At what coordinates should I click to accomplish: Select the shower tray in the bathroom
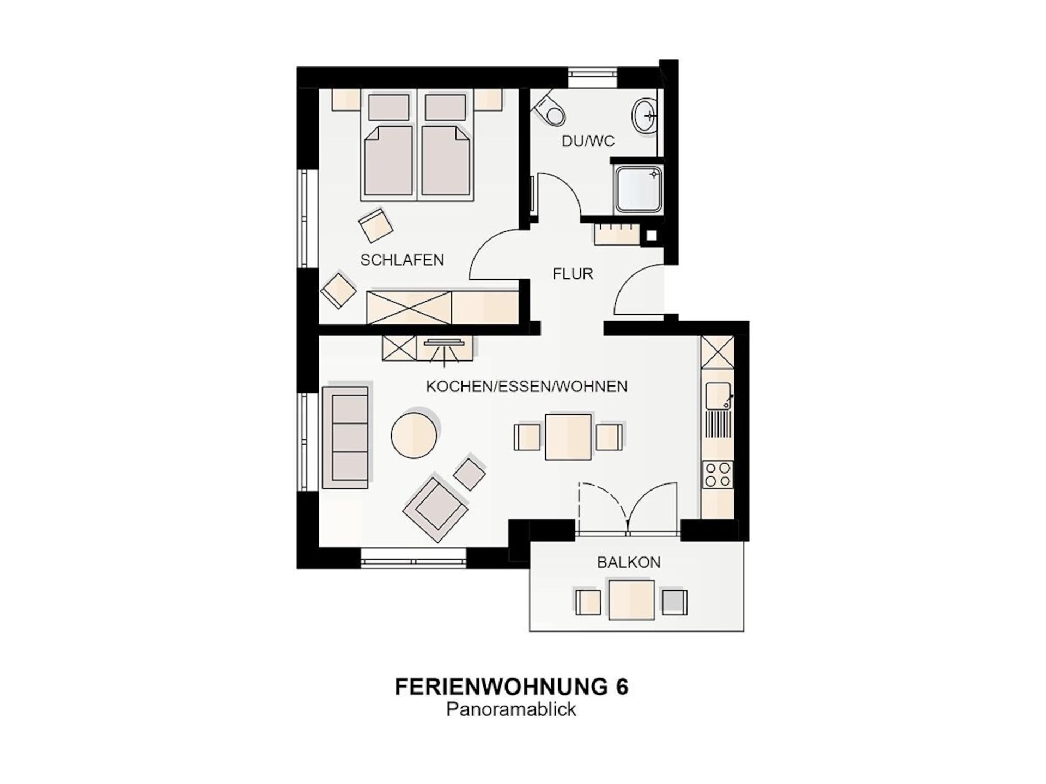pos(638,189)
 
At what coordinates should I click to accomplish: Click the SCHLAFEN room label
pos(402,260)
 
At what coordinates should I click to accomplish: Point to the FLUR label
pos(573,274)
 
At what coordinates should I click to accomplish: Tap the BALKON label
pos(629,562)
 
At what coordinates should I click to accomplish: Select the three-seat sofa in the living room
pos(345,437)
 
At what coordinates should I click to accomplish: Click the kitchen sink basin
pos(717,396)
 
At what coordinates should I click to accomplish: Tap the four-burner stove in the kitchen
pos(717,475)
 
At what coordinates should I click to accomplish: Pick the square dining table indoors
pos(568,437)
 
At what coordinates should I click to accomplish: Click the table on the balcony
pos(631,600)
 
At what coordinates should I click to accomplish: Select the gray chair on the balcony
pos(674,602)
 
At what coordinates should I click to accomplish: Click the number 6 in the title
pos(622,687)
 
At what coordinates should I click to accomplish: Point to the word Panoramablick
pos(511,710)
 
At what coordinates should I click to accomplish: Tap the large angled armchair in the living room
pos(435,509)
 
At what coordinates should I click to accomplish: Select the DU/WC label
pos(588,142)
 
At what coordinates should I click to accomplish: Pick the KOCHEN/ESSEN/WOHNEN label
pos(526,387)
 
